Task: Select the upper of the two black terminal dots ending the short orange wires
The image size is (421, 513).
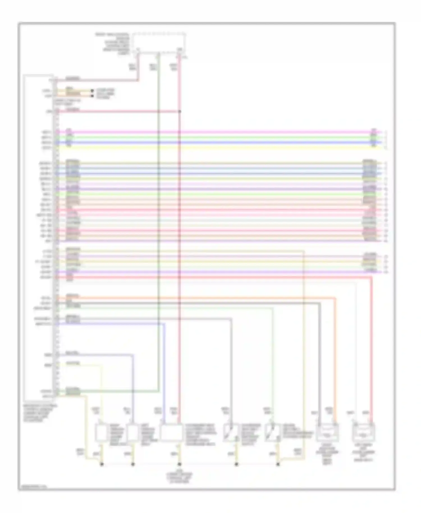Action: point(91,91)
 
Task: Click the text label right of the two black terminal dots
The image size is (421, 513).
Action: point(106,94)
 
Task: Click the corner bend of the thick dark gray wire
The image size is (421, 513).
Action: point(319,303)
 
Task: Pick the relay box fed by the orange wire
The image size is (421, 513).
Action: point(327,432)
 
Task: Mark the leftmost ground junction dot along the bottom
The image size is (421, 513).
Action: point(102,464)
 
